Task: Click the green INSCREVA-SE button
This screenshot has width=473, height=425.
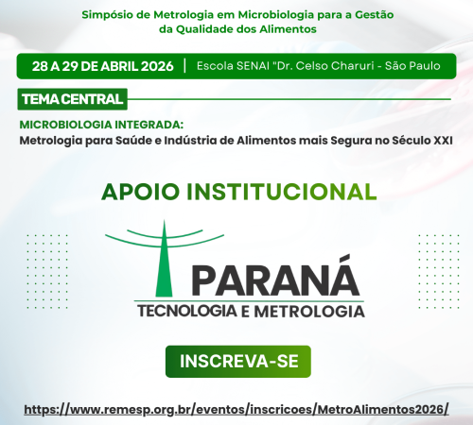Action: (237, 361)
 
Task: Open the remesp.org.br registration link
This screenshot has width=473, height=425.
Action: (236, 410)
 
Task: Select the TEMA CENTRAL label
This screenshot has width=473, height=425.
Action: (71, 98)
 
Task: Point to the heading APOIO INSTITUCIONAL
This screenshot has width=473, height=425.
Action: (237, 192)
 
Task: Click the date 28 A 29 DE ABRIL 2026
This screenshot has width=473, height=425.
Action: (101, 66)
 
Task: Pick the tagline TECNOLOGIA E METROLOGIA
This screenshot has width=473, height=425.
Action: (250, 311)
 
